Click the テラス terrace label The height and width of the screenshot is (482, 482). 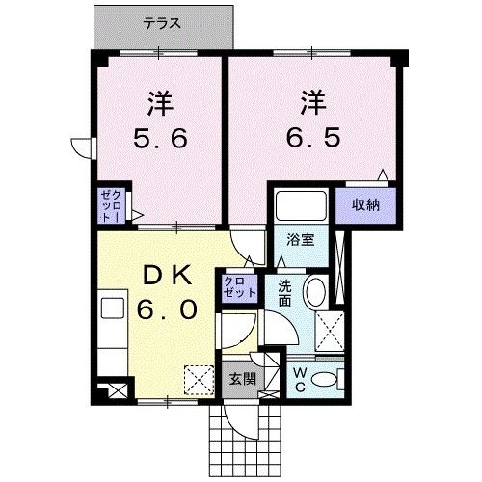[164, 22]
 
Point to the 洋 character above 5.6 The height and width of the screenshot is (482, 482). [160, 101]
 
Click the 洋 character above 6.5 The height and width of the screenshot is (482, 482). [310, 101]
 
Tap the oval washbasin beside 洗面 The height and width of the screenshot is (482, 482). [313, 293]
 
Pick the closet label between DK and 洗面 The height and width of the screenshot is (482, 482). [238, 285]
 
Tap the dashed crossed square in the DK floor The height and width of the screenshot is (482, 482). [199, 380]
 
